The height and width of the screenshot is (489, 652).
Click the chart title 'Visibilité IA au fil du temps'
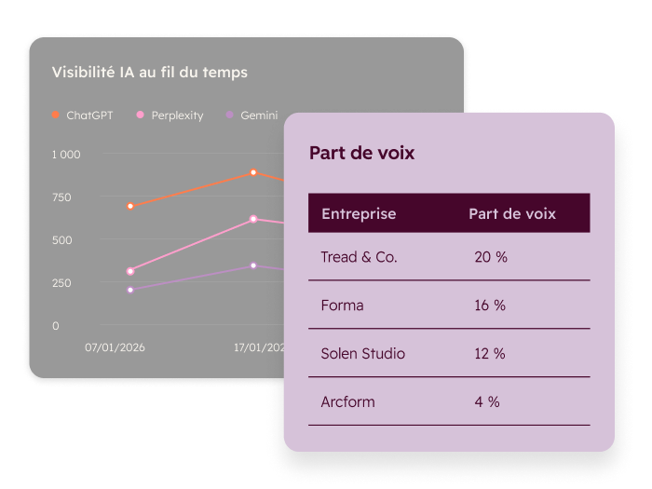coord(150,72)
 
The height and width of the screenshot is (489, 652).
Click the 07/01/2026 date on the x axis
coord(115,347)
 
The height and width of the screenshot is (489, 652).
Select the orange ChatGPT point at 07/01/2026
coord(130,206)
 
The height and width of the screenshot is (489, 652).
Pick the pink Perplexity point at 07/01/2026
coord(130,271)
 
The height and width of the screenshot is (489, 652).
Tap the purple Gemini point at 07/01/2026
coord(130,290)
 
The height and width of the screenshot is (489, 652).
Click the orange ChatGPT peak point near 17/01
coord(253,172)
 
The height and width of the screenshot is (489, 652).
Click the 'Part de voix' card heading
coord(361,153)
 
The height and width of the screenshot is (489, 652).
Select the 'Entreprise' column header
coord(359,214)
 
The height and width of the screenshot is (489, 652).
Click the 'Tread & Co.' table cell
coord(359,257)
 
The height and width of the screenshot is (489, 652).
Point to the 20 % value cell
coord(491,257)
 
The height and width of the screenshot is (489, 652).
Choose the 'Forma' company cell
coord(342,306)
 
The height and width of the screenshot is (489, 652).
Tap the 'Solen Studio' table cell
coord(362,354)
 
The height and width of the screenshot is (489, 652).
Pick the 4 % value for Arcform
coord(487,402)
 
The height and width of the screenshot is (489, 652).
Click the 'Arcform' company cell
coord(347,402)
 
